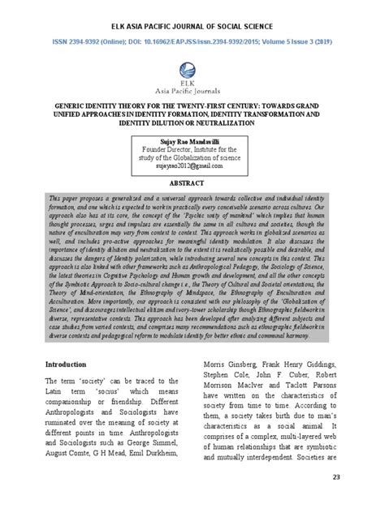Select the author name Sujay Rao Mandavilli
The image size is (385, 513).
(x=192, y=140)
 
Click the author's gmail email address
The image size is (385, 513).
(x=192, y=164)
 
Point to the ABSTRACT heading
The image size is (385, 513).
(x=192, y=183)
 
